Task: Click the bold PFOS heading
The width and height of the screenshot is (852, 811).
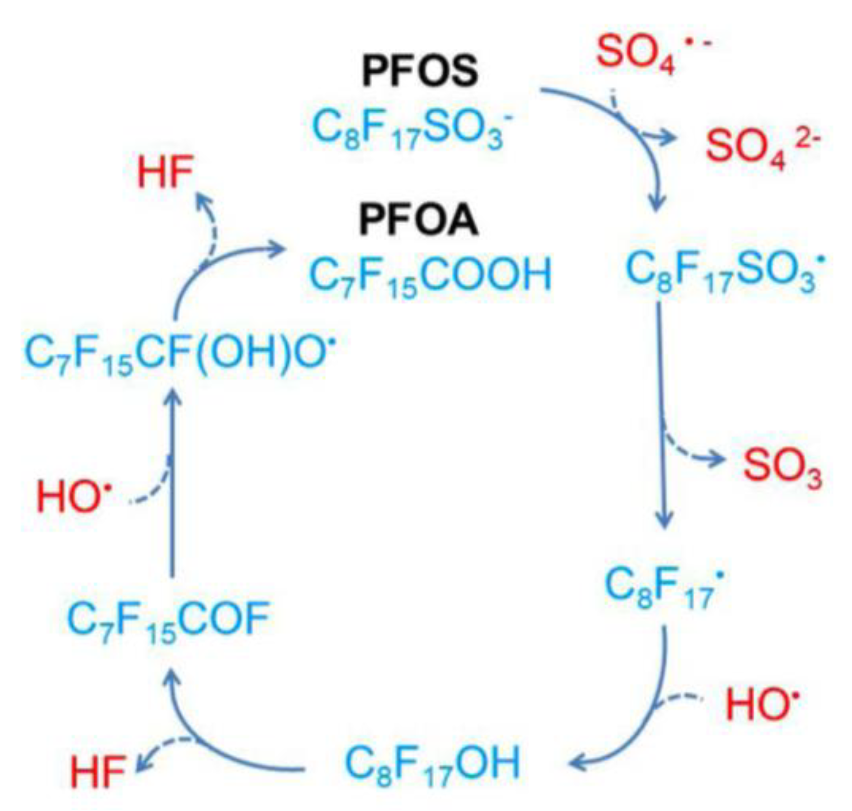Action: point(420,71)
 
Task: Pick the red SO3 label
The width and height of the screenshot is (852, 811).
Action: point(781,467)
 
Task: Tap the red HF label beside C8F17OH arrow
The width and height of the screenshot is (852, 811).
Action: point(98,771)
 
